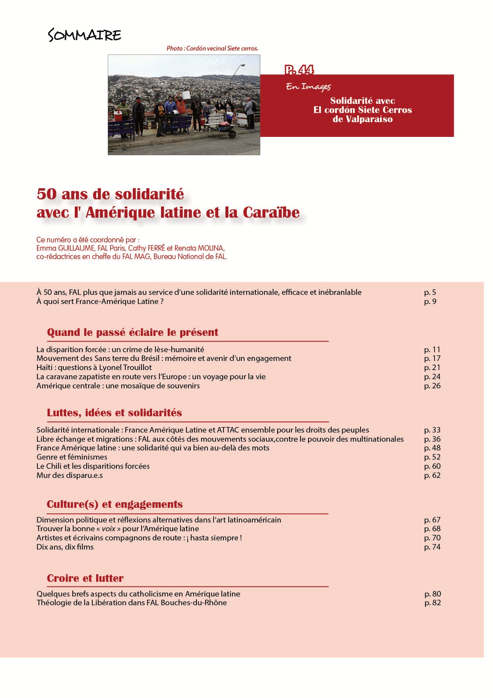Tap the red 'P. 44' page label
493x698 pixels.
coord(299,70)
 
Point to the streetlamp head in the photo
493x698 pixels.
coord(242,65)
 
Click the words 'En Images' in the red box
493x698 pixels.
coord(308,86)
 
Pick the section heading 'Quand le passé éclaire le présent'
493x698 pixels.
coord(132,332)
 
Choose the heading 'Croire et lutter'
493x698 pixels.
coord(85,578)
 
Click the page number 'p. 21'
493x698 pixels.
coord(432,367)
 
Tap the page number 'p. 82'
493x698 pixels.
coord(433,602)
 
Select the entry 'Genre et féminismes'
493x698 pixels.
coord(72,457)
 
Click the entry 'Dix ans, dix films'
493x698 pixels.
coord(65,547)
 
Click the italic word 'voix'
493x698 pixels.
coord(109,528)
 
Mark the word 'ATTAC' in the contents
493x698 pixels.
coord(228,430)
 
